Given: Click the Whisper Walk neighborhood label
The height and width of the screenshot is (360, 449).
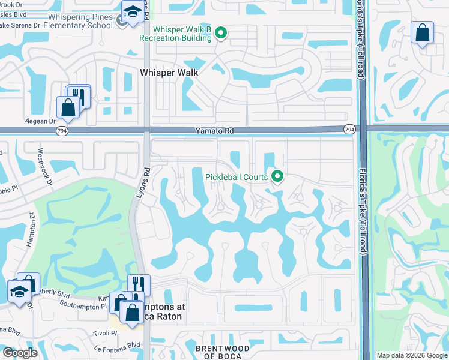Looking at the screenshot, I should (169, 72).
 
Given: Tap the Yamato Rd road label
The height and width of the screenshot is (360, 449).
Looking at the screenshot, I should (214, 130).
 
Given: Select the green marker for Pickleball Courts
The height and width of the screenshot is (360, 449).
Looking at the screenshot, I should (277, 176).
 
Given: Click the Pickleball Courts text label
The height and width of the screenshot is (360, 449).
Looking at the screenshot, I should (237, 177).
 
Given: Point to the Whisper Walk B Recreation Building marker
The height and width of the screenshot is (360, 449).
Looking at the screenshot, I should (221, 34).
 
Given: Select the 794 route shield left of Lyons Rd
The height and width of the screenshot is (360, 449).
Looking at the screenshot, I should (62, 130).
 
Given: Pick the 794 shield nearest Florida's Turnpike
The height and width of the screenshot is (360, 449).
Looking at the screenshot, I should (349, 130).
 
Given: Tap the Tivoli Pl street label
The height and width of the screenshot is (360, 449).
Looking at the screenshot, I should (105, 333).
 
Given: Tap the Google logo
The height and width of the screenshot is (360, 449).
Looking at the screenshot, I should (20, 353).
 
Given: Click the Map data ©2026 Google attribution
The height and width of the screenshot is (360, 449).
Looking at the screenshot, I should (411, 355).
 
